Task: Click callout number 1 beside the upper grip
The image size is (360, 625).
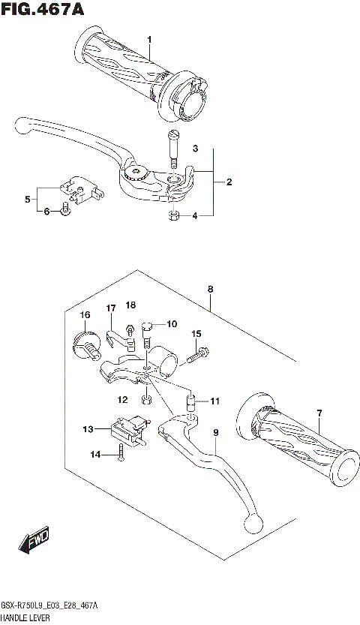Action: (149, 39)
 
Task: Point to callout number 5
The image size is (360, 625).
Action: (27, 200)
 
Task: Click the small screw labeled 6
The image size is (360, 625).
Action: (65, 210)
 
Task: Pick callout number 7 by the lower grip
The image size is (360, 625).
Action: (319, 413)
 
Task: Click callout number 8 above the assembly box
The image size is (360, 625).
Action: (211, 288)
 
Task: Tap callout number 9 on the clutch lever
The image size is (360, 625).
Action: (214, 433)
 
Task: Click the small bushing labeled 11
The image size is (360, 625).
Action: (190, 398)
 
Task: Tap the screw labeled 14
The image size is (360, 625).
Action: (120, 452)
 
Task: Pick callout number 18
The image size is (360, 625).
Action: (131, 305)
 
